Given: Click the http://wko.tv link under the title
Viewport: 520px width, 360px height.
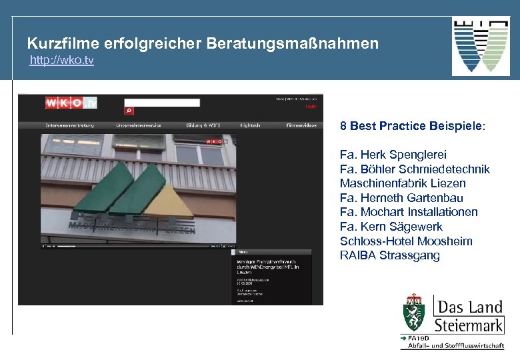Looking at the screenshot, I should point(61,61).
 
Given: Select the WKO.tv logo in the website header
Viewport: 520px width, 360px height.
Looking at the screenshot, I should point(71,103).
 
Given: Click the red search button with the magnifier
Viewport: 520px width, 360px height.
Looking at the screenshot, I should point(129,111).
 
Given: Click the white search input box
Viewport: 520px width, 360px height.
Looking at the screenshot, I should point(162,103).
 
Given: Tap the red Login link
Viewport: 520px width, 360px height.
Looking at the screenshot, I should point(311,107).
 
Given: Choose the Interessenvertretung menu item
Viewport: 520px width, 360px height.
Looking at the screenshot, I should point(69,125).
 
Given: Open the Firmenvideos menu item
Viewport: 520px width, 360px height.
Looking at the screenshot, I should point(301,125).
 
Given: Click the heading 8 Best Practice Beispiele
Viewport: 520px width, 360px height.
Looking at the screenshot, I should point(413,125).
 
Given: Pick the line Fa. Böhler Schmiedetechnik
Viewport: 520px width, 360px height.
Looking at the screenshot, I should point(415,169).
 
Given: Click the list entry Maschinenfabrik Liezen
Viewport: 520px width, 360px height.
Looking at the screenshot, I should point(403,183).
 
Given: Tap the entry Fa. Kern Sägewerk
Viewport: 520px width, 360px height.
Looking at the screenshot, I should point(391,227).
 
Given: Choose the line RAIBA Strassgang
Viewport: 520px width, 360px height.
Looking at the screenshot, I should point(390,255).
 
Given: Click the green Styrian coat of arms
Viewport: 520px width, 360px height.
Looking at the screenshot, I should point(414,313).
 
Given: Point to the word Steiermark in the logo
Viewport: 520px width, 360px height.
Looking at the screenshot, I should point(469,325).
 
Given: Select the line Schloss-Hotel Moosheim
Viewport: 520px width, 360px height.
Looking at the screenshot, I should point(406,241).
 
